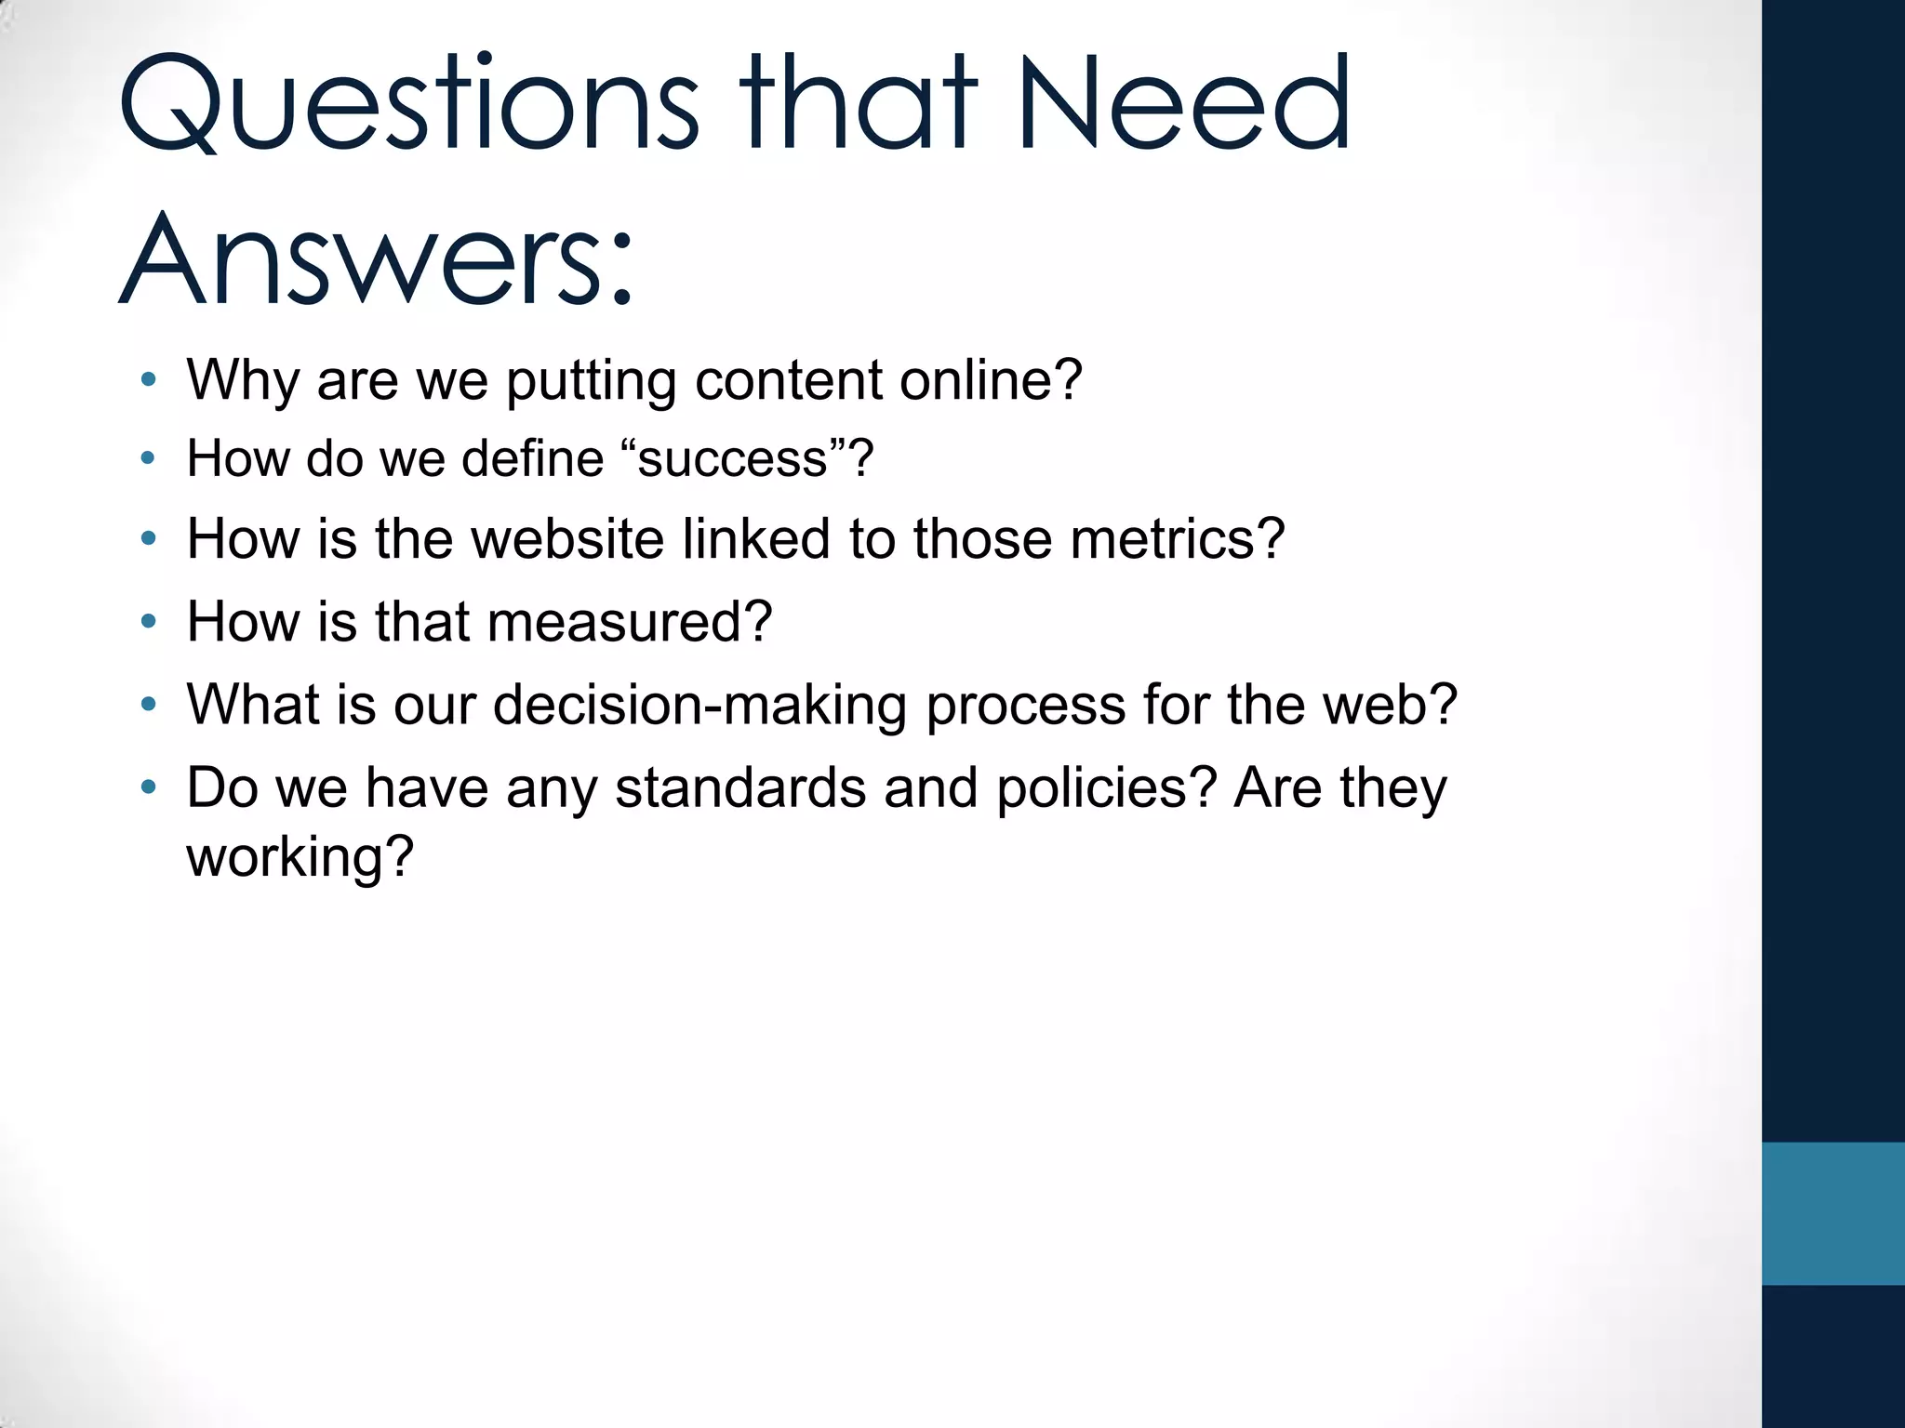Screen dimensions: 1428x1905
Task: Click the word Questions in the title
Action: click(409, 104)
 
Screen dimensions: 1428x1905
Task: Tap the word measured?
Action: click(629, 622)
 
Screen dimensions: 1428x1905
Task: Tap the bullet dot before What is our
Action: click(148, 704)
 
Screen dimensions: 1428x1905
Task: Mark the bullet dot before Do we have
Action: click(148, 787)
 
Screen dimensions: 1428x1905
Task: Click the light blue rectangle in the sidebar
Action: click(1832, 1213)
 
